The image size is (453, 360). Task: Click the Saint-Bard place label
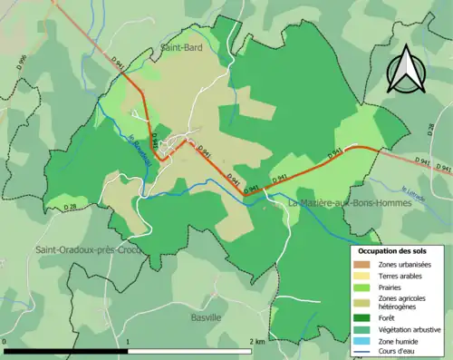coord(179,44)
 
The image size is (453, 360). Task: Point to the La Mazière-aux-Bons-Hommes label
coord(349,203)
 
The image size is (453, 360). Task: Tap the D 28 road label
coord(69,208)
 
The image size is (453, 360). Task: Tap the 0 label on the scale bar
coord(5,341)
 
